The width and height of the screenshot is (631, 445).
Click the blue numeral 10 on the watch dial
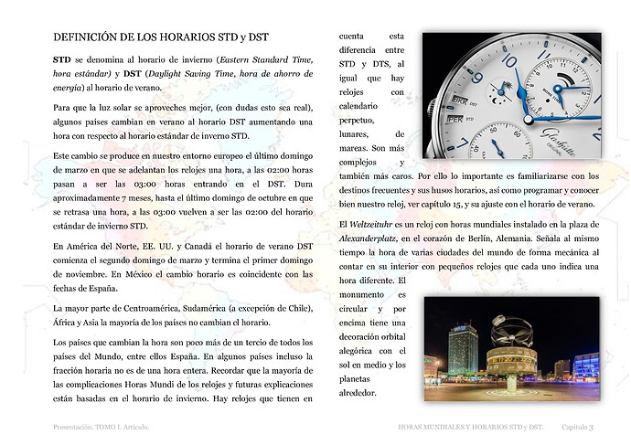[509, 61]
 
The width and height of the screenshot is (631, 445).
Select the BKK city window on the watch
[459, 99]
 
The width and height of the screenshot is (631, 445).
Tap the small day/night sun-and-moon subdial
[501, 90]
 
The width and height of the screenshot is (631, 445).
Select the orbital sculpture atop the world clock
[511, 331]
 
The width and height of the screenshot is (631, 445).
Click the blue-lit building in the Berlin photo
[585, 365]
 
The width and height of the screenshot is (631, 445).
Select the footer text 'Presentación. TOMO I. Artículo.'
[101, 427]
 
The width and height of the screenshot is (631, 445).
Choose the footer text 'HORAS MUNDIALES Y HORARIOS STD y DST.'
[471, 427]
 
